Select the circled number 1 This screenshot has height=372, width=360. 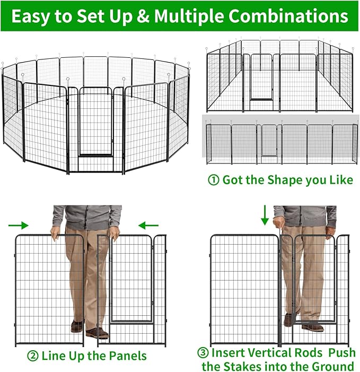[x=214, y=180]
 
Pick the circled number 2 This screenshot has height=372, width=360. [x=34, y=355]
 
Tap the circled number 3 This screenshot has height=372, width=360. [x=204, y=353]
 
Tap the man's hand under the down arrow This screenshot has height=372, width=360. [x=278, y=219]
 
